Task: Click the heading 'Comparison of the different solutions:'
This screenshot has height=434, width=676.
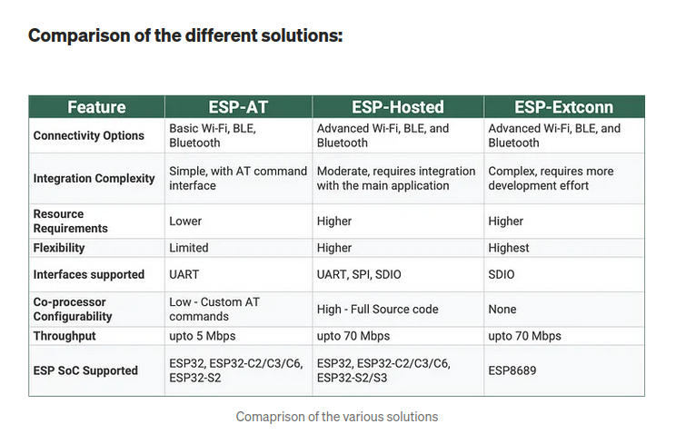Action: (185, 35)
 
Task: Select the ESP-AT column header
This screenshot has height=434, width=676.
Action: (238, 107)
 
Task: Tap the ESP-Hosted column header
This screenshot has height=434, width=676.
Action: (397, 107)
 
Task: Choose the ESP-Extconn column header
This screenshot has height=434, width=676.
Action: (563, 107)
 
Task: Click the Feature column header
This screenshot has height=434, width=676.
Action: (96, 107)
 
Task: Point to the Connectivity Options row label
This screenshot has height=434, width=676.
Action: (89, 135)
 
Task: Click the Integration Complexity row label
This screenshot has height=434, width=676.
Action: (94, 178)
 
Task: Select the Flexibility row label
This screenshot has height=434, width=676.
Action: (59, 248)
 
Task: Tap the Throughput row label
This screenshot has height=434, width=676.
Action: (65, 336)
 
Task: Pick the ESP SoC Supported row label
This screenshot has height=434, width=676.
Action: (85, 370)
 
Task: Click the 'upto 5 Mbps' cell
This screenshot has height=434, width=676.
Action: (203, 336)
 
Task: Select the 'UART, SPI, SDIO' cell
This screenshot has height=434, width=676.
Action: (359, 274)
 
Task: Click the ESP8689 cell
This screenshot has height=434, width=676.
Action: (512, 370)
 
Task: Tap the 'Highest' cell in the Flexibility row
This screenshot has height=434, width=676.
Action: (508, 248)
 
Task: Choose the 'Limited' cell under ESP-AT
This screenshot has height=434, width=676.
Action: (188, 248)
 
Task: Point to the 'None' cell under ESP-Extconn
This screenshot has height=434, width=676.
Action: (502, 309)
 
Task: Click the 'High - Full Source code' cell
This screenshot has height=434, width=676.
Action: (377, 309)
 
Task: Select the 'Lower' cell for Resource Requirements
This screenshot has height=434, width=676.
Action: (185, 222)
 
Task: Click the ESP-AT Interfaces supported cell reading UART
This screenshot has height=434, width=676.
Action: (184, 274)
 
